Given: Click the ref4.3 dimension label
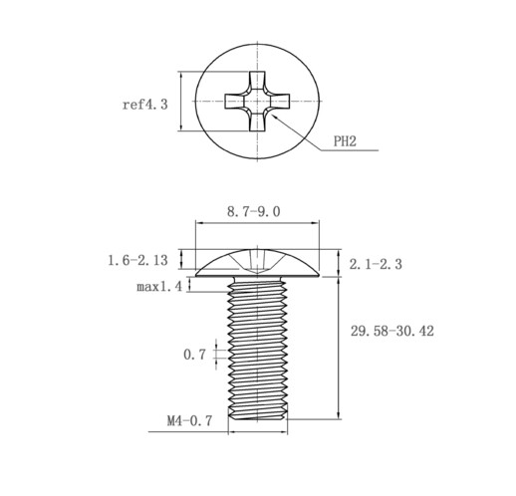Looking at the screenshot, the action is (145, 105).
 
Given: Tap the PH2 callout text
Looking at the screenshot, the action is (345, 141).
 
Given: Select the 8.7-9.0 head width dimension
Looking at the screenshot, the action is (254, 211).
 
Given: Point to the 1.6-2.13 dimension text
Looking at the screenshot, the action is (137, 260).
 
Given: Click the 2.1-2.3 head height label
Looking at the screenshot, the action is (376, 264).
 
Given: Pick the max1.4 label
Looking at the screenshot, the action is (159, 286).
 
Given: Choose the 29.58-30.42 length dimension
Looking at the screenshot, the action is (392, 331).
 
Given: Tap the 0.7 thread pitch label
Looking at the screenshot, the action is (194, 355).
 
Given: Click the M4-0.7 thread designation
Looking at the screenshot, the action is (189, 421).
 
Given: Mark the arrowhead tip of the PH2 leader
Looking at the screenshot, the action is (272, 115).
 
